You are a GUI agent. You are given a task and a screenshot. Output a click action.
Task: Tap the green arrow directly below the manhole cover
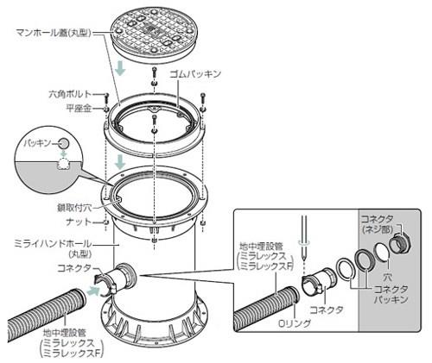point(124,68)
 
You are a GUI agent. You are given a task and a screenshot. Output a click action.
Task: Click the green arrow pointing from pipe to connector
point(92,291)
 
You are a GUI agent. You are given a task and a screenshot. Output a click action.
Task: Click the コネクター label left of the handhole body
point(73,268)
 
